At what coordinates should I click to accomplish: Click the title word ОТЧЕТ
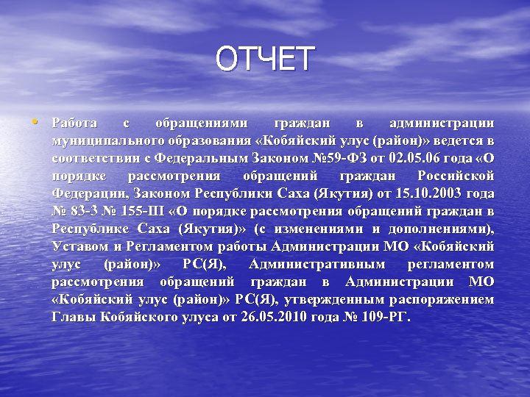265,60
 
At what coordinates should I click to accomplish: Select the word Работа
74,123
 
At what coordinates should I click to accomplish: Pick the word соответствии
93,158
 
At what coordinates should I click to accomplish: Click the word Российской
456,176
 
